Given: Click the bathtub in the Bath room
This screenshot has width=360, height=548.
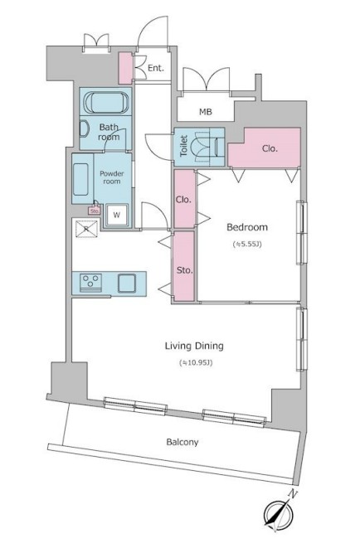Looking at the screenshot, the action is tap(106, 102).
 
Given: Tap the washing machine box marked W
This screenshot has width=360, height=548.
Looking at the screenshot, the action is tap(117, 215).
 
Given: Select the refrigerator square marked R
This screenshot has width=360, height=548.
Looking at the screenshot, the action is tap(86, 229).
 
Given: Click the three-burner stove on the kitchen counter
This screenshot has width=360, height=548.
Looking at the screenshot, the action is tap(90, 283).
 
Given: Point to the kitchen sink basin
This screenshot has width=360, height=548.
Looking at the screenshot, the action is tap(127, 283).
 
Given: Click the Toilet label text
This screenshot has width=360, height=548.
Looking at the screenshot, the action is tap(184, 146).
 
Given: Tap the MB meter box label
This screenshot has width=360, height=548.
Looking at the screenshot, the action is tap(206, 112).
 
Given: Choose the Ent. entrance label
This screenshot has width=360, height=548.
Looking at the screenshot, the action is tap(156, 68).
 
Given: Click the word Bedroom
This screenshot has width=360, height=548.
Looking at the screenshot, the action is tap(247, 227).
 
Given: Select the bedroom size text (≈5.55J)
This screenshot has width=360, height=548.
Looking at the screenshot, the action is tap(247, 245).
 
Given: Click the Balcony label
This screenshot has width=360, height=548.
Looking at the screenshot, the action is tap(182, 442).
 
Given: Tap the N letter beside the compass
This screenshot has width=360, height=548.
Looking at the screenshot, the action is tap(293, 494).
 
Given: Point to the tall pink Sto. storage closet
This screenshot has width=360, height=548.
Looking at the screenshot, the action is tap(184, 265).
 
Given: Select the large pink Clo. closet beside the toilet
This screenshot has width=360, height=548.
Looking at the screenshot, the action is tap(265, 148).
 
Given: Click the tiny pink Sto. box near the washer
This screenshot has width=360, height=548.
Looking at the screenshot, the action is tap(95, 211).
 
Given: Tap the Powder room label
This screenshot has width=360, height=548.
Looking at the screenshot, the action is tap(112, 177).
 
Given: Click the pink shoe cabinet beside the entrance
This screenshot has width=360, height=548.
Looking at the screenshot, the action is tap(125, 68).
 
